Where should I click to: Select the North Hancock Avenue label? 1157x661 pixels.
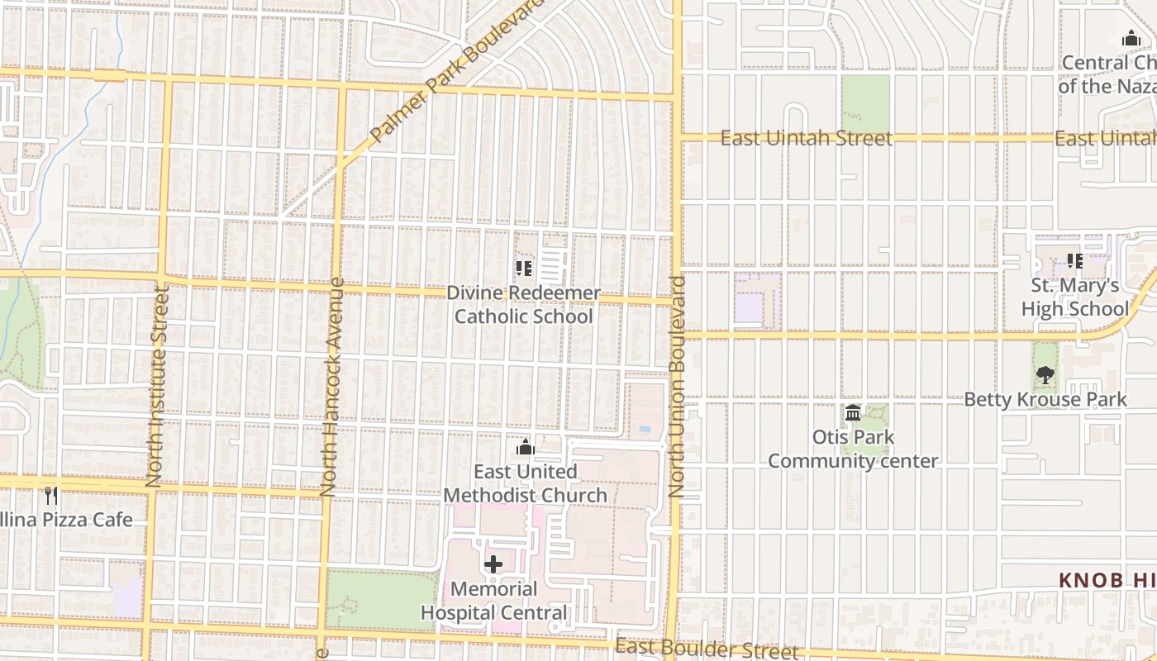332,387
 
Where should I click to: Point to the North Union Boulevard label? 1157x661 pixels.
678,387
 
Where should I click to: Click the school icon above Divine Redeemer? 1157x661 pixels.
523,269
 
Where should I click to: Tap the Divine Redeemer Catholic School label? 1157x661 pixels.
524,305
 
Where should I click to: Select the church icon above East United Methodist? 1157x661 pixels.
525,448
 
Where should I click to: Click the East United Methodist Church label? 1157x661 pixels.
526,483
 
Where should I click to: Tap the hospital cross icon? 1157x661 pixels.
493,565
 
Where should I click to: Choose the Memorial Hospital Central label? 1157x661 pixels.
494,601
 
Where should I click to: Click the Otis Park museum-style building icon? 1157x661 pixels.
853,412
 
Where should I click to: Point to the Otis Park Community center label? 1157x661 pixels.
853,449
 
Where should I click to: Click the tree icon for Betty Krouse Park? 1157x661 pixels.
1045,375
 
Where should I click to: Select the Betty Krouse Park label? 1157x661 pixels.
1045,399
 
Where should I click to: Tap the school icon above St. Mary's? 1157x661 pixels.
1074,261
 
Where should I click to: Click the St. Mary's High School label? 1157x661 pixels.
1074,297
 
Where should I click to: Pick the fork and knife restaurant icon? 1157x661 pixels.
51,495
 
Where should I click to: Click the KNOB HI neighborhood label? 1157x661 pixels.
1107,580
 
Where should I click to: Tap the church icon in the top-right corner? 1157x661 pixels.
1131,38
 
